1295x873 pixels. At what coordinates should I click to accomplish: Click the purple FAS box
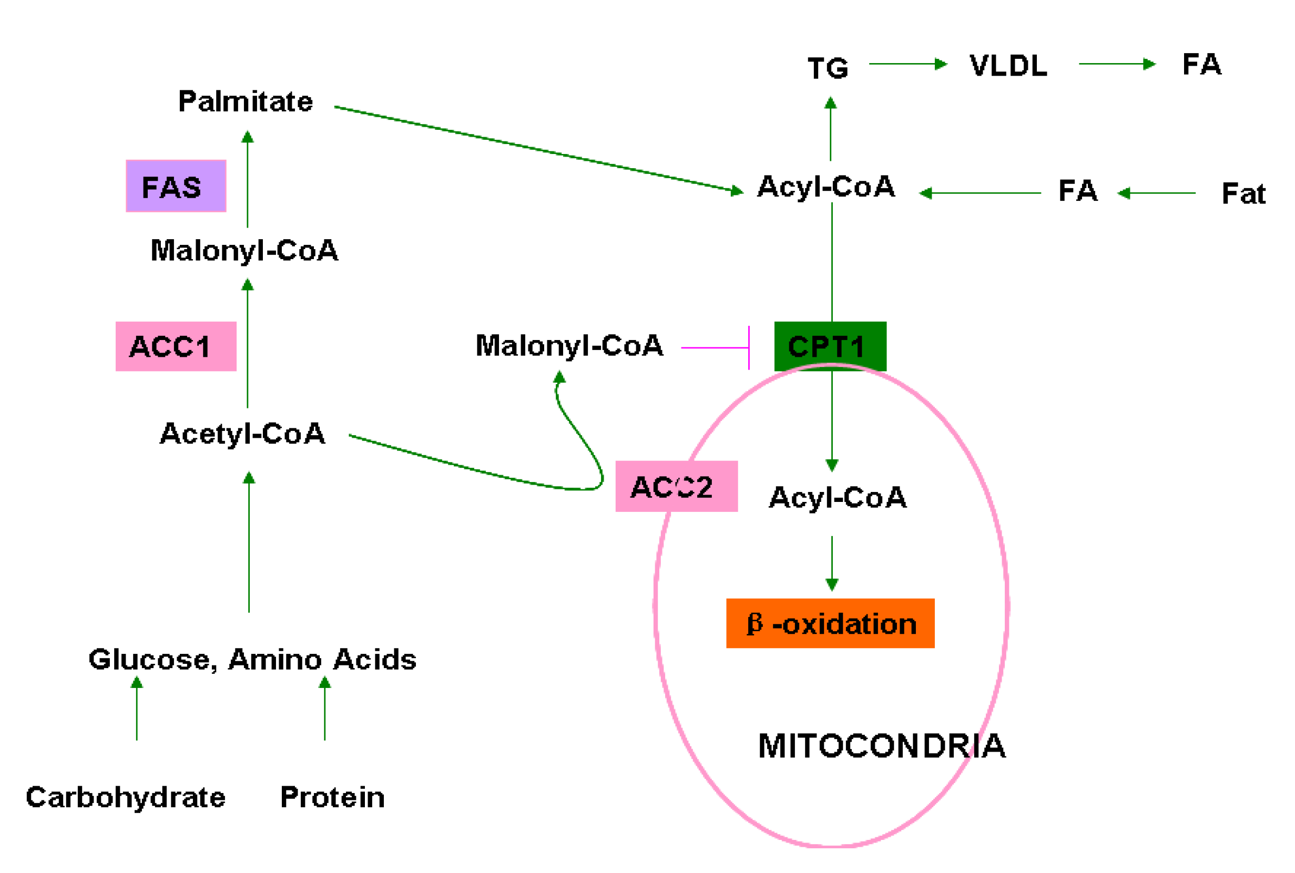[x=176, y=186]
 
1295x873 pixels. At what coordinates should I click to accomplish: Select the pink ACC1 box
[x=176, y=346]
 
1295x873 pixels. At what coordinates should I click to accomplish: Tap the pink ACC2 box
[x=676, y=486]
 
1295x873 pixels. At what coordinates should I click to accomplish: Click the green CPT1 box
[x=830, y=346]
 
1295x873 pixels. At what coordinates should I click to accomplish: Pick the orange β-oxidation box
[x=830, y=623]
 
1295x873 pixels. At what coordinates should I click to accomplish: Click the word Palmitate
[x=245, y=102]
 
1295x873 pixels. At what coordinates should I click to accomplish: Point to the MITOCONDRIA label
[x=882, y=746]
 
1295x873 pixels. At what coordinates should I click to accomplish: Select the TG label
[x=828, y=68]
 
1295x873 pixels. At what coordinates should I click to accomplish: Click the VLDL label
[x=1008, y=66]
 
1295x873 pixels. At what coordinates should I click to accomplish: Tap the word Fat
[x=1243, y=194]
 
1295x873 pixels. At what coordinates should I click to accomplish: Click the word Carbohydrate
[x=126, y=797]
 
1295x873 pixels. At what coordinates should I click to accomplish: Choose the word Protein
[x=332, y=797]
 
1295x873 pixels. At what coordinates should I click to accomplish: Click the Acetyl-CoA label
[x=242, y=434]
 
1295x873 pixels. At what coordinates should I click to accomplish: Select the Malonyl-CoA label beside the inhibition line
[x=569, y=346]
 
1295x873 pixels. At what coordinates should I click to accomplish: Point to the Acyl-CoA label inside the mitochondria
[x=837, y=497]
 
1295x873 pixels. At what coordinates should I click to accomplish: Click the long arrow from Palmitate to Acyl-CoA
[x=537, y=149]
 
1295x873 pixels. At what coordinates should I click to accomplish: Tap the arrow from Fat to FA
[x=1156, y=193]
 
